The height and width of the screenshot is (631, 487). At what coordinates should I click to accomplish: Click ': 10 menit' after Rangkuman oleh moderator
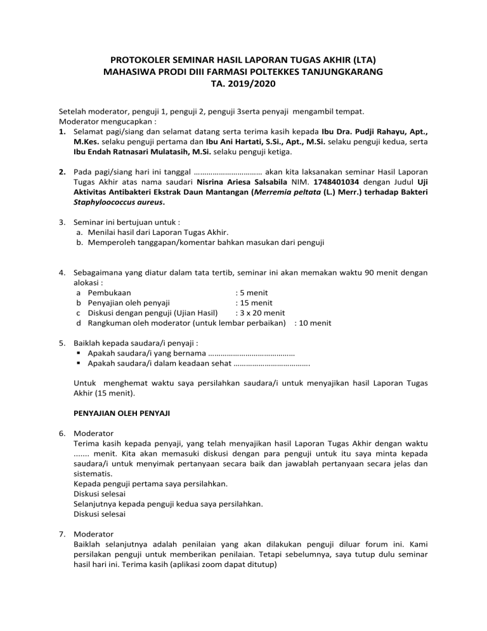coord(313,322)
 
